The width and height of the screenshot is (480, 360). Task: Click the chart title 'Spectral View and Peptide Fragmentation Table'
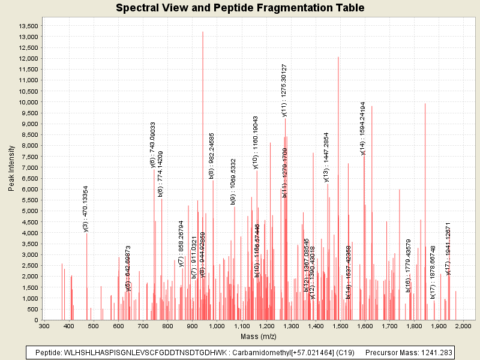tap(240, 8)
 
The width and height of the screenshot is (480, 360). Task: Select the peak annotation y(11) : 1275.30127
tap(285, 90)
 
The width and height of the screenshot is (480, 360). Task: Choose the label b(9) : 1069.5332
tap(233, 182)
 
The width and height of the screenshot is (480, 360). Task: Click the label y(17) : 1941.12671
tap(448, 248)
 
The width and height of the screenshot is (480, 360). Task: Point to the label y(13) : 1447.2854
tap(326, 157)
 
